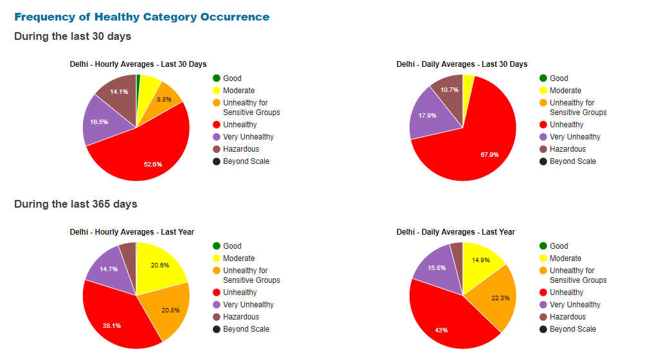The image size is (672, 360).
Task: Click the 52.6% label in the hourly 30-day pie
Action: (x=153, y=164)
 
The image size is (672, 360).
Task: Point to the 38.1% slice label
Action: (x=111, y=325)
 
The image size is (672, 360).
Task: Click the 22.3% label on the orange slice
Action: (x=500, y=298)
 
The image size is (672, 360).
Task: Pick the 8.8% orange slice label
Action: (x=164, y=99)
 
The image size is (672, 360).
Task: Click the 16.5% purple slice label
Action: (x=99, y=121)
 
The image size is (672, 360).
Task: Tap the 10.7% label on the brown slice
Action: (x=450, y=89)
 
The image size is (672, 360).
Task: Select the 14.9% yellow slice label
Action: (x=481, y=260)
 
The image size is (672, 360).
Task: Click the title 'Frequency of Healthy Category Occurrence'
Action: (x=141, y=17)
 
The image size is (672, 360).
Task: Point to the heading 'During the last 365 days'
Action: (x=76, y=204)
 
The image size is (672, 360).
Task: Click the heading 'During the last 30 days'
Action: (x=73, y=36)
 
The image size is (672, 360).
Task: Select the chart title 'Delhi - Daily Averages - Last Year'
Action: (x=455, y=231)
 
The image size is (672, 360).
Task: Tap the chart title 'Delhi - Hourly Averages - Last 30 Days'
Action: (x=138, y=64)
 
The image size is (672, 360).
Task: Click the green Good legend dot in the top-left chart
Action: (x=217, y=78)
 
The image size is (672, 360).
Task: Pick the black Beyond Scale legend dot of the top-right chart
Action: (x=543, y=161)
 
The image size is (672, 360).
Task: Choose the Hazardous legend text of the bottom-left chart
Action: (x=241, y=317)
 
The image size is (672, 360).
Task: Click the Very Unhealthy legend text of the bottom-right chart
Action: (x=575, y=305)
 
